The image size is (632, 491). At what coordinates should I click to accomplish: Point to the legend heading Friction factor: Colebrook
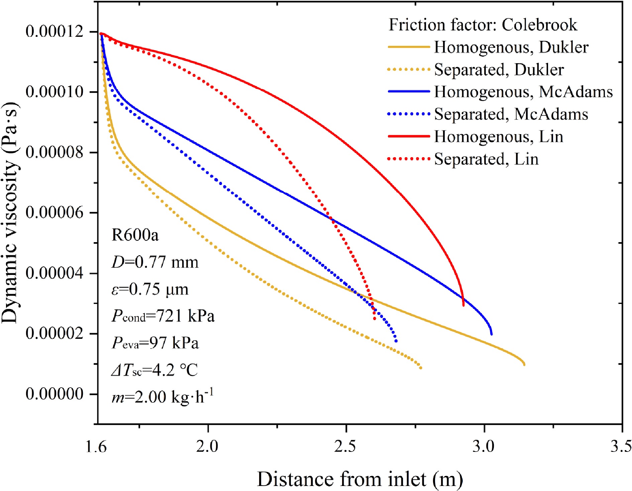point(483,25)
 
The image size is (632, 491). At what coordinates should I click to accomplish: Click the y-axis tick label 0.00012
point(55,32)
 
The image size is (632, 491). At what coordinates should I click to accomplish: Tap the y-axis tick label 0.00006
point(55,213)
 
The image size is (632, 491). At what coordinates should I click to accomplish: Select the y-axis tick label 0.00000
point(55,394)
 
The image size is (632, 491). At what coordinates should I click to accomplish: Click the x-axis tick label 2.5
point(345,447)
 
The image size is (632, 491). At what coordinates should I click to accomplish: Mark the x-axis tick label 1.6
point(96,447)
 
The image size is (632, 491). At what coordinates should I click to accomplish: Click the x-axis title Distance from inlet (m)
point(360,479)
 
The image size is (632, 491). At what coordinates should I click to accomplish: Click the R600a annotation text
point(135,235)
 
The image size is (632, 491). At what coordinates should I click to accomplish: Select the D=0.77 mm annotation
point(155,262)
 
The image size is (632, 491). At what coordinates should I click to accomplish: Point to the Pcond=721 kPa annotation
point(163,316)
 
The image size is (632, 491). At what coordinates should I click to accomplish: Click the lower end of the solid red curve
point(463,305)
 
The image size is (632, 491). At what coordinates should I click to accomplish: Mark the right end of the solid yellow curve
point(524,364)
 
